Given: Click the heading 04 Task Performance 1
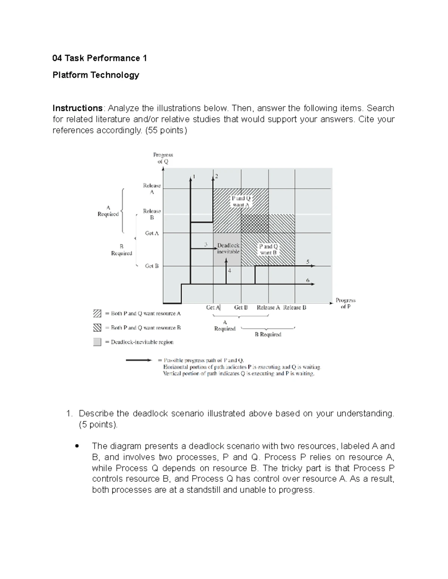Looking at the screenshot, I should (x=100, y=58).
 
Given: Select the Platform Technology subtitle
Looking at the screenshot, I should (x=96, y=75).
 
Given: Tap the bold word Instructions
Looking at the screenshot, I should (x=77, y=108).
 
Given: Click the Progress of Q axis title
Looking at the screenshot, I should (x=163, y=158).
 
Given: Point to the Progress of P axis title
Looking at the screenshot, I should (x=345, y=303).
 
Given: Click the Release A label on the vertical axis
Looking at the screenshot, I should (x=152, y=189).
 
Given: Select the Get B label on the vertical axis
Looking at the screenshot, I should (x=152, y=266).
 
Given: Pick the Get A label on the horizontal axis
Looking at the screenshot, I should (x=213, y=308).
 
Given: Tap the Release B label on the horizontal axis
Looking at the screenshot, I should (x=295, y=308).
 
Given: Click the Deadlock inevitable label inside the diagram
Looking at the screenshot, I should (x=228, y=248).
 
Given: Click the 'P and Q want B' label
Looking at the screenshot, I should (x=268, y=249).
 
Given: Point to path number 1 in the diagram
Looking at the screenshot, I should (x=194, y=177).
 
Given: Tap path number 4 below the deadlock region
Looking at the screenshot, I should (x=230, y=271).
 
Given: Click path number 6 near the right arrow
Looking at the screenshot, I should (x=308, y=280).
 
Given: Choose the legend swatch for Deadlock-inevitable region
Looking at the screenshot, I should (x=97, y=342).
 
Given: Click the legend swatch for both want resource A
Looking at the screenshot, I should (x=97, y=314).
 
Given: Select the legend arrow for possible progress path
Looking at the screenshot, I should (x=139, y=361).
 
